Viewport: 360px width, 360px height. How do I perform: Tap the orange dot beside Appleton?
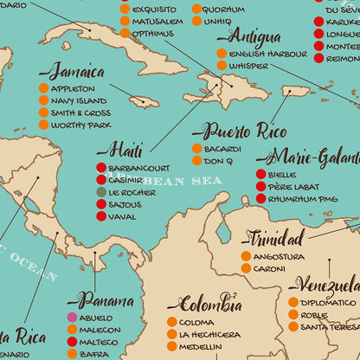point(43,88)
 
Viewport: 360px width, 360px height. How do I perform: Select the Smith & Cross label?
point(80,112)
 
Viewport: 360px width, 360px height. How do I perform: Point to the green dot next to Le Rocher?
point(101,192)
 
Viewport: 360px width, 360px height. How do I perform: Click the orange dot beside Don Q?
point(197,161)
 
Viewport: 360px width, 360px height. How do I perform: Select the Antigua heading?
point(254,36)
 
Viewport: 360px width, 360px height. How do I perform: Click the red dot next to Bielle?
point(260,175)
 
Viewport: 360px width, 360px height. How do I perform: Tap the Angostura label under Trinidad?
point(280,256)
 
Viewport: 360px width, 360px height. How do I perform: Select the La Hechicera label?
point(210,335)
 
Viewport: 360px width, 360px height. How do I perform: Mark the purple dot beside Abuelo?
point(73,318)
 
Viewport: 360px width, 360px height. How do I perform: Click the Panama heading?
point(105,300)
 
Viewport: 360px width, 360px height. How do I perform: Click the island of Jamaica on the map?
point(144,101)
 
